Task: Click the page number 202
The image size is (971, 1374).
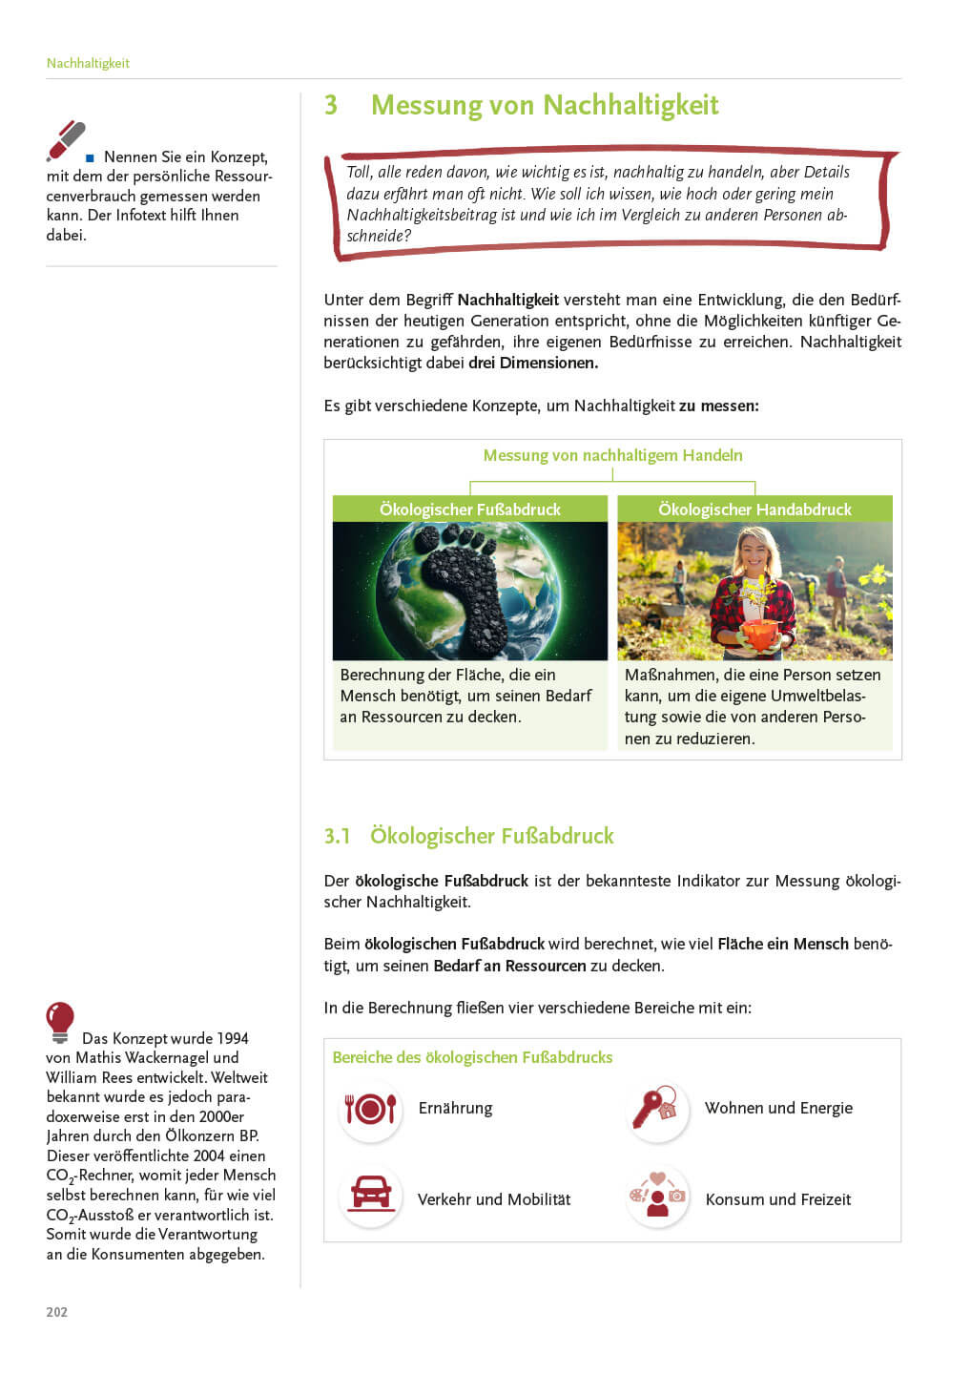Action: (x=57, y=1312)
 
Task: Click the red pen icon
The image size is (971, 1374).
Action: (x=67, y=141)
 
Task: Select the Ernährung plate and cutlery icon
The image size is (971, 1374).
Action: (x=370, y=1109)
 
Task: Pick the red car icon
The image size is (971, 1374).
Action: (x=370, y=1194)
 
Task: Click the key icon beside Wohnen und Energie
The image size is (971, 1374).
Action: (x=656, y=1109)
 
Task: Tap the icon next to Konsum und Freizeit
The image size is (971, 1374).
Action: (x=657, y=1196)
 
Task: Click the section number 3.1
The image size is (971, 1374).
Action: (x=338, y=837)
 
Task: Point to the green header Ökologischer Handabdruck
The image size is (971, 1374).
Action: (x=754, y=510)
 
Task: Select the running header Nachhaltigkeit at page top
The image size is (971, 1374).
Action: (x=88, y=63)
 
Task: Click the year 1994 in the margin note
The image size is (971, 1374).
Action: (x=233, y=1038)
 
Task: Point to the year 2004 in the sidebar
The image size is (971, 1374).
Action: (x=215, y=1155)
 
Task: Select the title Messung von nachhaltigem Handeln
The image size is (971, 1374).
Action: (x=612, y=455)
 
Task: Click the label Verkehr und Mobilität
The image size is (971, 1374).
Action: (x=494, y=1199)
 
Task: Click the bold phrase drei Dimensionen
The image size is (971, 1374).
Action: (x=533, y=363)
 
